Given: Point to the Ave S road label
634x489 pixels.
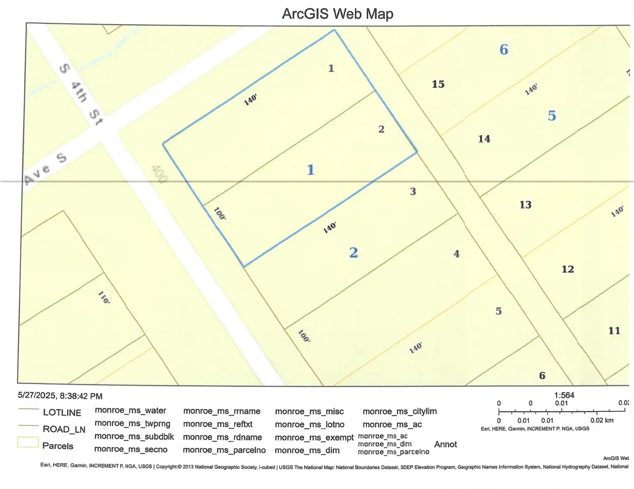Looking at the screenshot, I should click(45, 173).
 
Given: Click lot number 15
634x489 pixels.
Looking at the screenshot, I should click(438, 84).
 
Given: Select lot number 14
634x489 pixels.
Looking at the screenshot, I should click(484, 139).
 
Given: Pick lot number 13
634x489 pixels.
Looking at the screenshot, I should click(525, 204).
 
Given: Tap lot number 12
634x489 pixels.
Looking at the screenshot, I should click(567, 269).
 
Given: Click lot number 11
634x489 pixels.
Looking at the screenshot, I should click(614, 331).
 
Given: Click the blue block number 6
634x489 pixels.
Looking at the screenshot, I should click(504, 50).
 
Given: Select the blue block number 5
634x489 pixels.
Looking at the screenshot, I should click(552, 116).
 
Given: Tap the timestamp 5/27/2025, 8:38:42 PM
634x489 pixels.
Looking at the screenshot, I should click(60, 395).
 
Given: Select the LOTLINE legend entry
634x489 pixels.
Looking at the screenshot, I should click(62, 412).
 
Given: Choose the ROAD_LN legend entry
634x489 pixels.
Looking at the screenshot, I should click(62, 429).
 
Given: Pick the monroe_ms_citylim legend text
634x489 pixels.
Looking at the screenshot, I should click(400, 411).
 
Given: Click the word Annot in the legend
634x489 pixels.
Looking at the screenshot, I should click(445, 445).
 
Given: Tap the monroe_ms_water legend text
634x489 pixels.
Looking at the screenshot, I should click(130, 410).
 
